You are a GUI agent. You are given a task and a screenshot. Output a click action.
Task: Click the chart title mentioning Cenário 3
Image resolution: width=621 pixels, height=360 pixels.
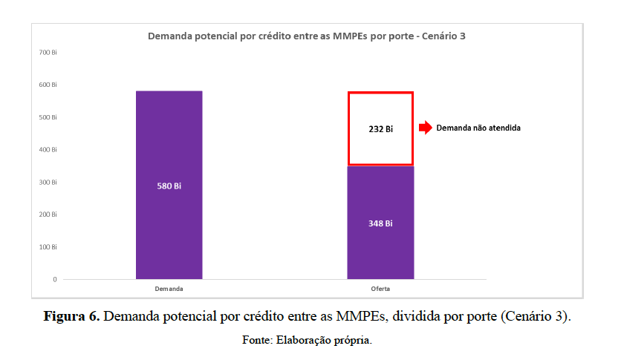307,35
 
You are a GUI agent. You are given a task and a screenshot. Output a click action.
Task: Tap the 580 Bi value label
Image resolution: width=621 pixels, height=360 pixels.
169,186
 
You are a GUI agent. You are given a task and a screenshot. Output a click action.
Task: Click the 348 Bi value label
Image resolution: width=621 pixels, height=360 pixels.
380,223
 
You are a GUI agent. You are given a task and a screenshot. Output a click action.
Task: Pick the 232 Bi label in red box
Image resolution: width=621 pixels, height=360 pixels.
380,128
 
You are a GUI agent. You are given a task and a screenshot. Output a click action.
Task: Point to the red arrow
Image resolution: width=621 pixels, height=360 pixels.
425,128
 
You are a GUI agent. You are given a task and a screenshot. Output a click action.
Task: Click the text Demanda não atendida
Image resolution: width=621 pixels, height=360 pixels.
478,128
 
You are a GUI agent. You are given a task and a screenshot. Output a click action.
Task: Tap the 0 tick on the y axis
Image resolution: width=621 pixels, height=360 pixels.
54,279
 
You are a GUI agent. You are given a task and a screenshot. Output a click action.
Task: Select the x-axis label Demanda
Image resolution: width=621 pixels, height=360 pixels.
169,288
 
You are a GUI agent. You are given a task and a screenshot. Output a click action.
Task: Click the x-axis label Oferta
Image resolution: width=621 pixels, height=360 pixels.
380,288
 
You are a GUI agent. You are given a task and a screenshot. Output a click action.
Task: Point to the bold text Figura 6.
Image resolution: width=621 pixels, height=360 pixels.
71,317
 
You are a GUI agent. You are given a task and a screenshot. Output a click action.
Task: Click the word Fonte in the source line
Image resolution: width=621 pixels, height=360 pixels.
258,340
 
